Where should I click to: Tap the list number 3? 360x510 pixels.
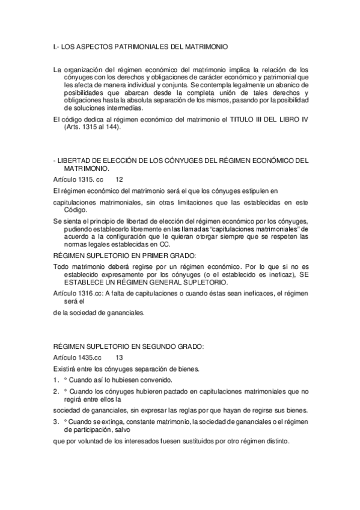pos(55,422)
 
